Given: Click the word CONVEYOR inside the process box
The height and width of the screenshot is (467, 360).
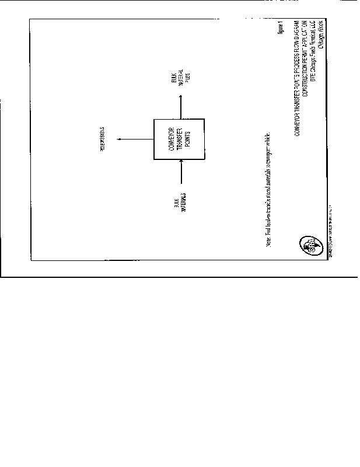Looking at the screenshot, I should tap(172, 139).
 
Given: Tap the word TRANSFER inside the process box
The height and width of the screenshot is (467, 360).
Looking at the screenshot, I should tap(179, 139).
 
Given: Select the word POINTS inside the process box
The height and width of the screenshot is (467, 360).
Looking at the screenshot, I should tap(186, 139).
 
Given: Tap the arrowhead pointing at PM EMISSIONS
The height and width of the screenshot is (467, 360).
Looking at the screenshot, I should tap(118, 140).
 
